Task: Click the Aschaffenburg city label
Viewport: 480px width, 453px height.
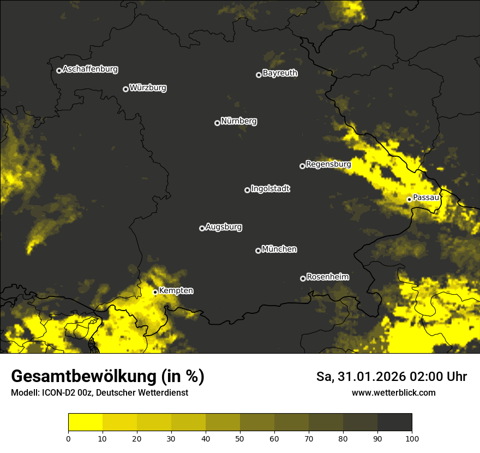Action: click(x=90, y=69)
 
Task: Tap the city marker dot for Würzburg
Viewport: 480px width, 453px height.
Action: click(x=125, y=89)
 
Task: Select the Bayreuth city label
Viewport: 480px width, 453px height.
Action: click(x=280, y=73)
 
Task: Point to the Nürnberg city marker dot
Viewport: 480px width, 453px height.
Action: click(x=217, y=123)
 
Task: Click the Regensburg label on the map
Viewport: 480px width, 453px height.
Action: click(x=328, y=164)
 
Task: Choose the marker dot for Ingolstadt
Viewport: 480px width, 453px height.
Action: click(x=247, y=190)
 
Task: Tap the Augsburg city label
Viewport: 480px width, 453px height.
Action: click(x=224, y=226)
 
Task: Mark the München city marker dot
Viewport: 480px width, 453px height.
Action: click(x=258, y=251)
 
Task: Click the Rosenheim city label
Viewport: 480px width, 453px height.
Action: click(x=328, y=277)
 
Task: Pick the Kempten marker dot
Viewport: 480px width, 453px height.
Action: click(x=155, y=292)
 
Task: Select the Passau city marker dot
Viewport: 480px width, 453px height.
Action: click(x=409, y=199)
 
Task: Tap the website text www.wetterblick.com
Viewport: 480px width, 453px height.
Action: click(x=393, y=392)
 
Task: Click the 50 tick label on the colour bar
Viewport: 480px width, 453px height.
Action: click(x=240, y=438)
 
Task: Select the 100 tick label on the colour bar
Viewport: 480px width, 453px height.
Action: click(x=412, y=438)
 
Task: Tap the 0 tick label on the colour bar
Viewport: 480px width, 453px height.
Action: click(x=68, y=438)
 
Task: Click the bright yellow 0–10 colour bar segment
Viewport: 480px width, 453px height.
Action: click(x=85, y=422)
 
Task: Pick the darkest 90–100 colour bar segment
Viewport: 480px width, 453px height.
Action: click(x=394, y=422)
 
